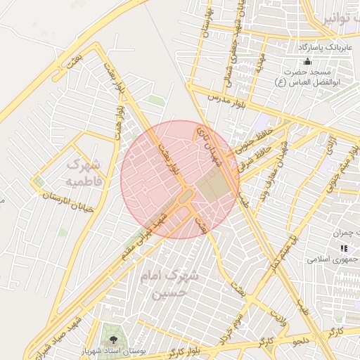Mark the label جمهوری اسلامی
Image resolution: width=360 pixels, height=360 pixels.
[333, 259]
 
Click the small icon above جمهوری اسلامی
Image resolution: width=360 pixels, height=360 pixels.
[344, 248]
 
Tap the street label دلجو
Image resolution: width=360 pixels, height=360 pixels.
[301, 340]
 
